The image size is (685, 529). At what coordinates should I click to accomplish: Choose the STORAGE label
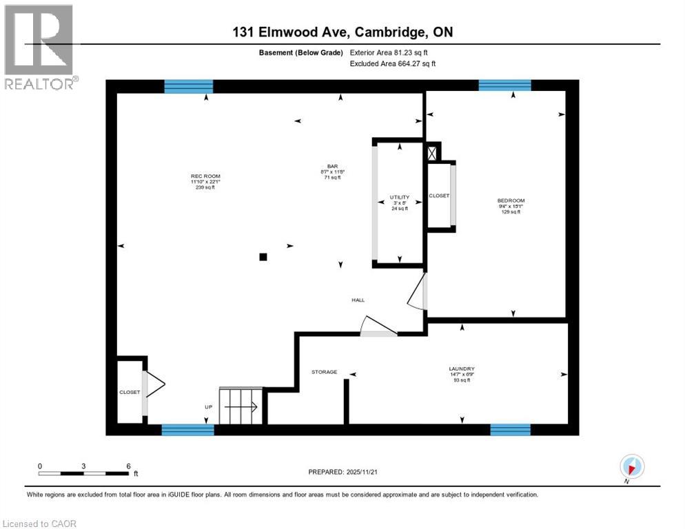click(x=324, y=372)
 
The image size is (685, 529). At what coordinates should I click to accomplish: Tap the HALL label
click(x=358, y=300)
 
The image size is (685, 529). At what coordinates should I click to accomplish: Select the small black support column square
click(x=263, y=257)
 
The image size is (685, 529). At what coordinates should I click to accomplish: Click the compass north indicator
click(x=632, y=467)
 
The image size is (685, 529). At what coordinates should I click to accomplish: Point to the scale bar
click(x=84, y=473)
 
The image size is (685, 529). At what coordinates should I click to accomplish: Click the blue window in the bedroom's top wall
click(x=504, y=85)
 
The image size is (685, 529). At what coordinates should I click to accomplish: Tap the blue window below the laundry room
click(x=510, y=430)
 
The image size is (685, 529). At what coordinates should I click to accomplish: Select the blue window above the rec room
click(x=188, y=86)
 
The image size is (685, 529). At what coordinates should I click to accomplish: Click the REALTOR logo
click(x=39, y=46)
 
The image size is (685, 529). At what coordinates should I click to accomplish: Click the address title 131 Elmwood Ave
click(x=342, y=32)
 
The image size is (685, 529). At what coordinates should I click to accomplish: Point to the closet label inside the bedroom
click(x=439, y=196)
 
